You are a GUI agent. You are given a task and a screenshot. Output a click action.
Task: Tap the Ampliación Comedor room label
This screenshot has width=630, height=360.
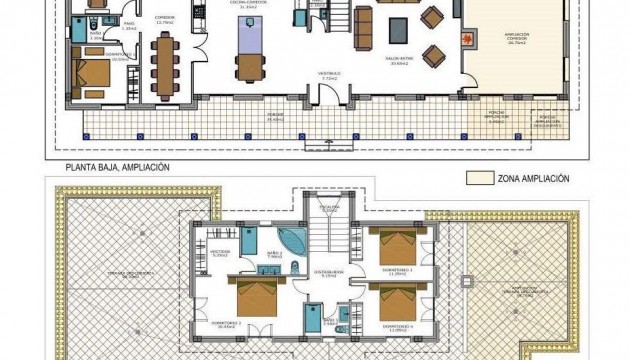(515, 37)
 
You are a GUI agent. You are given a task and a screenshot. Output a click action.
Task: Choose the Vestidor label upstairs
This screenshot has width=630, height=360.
(220, 253)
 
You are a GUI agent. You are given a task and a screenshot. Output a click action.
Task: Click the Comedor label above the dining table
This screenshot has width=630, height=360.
(164, 18)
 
